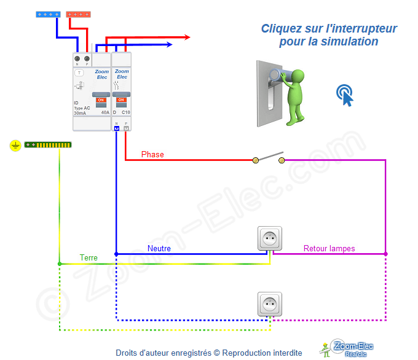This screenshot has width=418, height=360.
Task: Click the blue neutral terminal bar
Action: (48, 14)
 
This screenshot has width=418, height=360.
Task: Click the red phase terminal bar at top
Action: (79, 14)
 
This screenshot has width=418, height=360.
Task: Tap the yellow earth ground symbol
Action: (16, 146)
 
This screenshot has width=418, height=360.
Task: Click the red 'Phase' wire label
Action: (152, 154)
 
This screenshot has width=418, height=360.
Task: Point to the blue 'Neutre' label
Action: (159, 248)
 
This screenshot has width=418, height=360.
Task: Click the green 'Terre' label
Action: (89, 258)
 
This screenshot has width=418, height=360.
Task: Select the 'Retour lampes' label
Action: (329, 249)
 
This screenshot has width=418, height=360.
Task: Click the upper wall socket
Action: (269, 238)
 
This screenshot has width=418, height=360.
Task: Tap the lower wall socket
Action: (269, 304)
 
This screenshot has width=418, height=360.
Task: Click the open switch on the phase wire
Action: (269, 158)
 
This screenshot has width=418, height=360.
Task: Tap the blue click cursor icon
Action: (345, 95)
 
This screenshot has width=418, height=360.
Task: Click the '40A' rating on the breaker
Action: (105, 113)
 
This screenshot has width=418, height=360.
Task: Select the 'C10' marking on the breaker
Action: (125, 113)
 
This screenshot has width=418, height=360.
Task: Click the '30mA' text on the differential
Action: (80, 113)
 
